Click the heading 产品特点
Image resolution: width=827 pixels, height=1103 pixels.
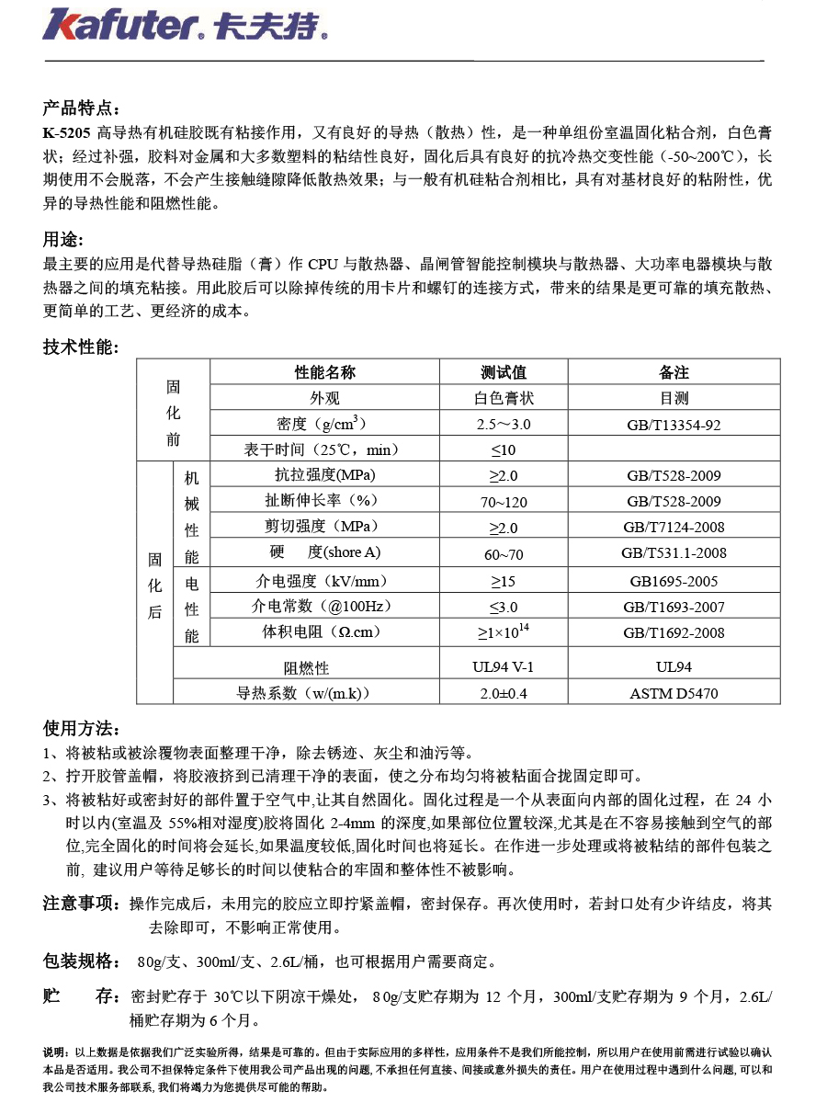click(x=80, y=110)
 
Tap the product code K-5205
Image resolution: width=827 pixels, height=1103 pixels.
click(x=66, y=132)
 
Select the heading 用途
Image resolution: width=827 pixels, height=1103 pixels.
click(x=62, y=241)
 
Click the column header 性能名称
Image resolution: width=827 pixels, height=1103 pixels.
click(x=324, y=372)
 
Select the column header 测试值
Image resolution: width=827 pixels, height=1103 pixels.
click(x=504, y=372)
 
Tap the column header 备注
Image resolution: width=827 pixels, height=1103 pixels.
click(x=674, y=372)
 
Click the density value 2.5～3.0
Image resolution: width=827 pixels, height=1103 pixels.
click(x=504, y=424)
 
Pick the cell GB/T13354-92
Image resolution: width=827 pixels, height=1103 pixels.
click(x=674, y=424)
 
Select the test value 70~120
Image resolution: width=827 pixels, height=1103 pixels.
click(x=504, y=501)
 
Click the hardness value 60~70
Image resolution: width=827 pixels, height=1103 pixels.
click(x=504, y=553)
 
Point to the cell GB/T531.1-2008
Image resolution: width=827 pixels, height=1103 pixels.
click(x=674, y=553)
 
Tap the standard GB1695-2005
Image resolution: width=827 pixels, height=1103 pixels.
click(x=674, y=581)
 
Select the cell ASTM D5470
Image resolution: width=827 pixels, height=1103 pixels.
click(x=674, y=693)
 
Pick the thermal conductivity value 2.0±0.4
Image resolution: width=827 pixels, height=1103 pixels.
click(x=504, y=693)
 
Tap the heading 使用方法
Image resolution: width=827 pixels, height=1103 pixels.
click(x=80, y=729)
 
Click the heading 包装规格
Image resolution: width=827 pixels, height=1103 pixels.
click(x=80, y=961)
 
